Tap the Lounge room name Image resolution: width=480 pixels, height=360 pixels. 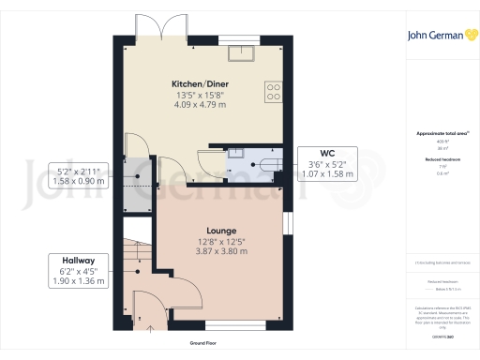[x=221, y=230]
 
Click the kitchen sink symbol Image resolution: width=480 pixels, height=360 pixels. [x=247, y=52]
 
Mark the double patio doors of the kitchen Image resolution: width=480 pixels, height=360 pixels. [x=151, y=30]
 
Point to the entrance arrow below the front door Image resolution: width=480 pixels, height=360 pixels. [x=147, y=328]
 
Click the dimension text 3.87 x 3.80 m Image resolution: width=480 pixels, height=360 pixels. [x=221, y=252]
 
